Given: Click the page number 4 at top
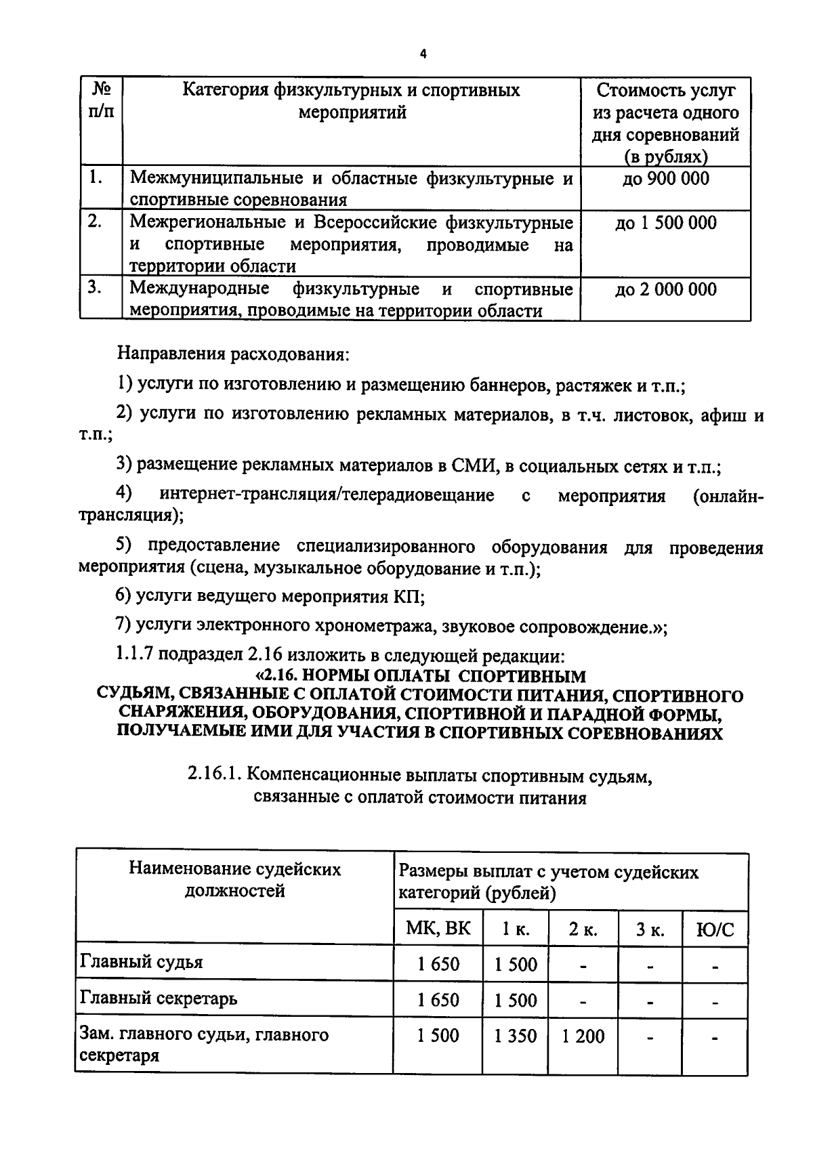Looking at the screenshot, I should pyautogui.click(x=423, y=55).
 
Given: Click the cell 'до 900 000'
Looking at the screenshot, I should pyautogui.click(x=665, y=179).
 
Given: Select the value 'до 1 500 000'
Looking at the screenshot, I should pyautogui.click(x=665, y=223).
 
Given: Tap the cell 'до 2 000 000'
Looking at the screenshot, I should pyautogui.click(x=665, y=289).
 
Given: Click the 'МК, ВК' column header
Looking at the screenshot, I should pyautogui.click(x=438, y=928).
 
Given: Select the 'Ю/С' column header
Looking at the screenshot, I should pyautogui.click(x=715, y=929).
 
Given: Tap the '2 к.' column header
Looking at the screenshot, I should pyautogui.click(x=583, y=929).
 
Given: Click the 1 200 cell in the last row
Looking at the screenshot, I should pyautogui.click(x=583, y=1036).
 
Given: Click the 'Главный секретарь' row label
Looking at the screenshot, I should pyautogui.click(x=159, y=999).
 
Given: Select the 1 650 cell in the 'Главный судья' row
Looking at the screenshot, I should pyautogui.click(x=438, y=964).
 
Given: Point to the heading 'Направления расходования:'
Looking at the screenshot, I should pyautogui.click(x=234, y=354).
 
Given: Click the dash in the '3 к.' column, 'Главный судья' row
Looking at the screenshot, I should pyautogui.click(x=650, y=966).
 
